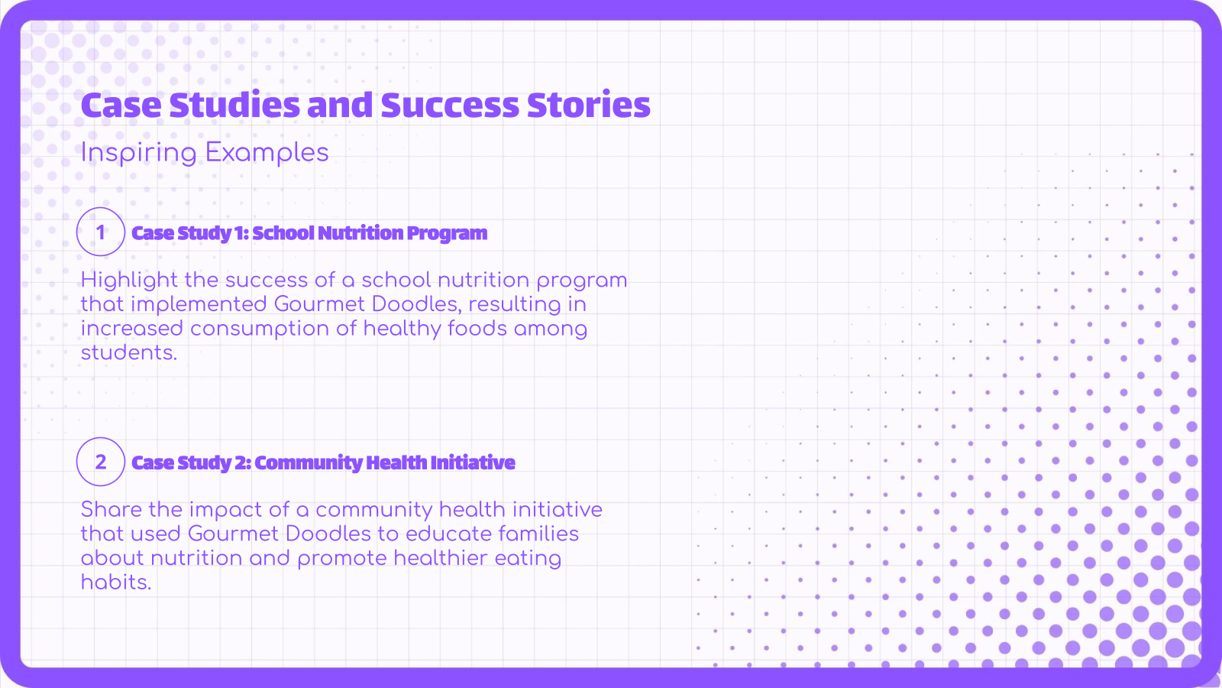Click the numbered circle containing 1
(101, 232)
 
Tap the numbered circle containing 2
(101, 462)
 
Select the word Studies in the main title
(234, 105)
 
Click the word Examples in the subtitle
(267, 153)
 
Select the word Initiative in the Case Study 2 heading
(473, 462)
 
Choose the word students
(128, 352)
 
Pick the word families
(539, 534)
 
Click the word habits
(116, 583)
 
